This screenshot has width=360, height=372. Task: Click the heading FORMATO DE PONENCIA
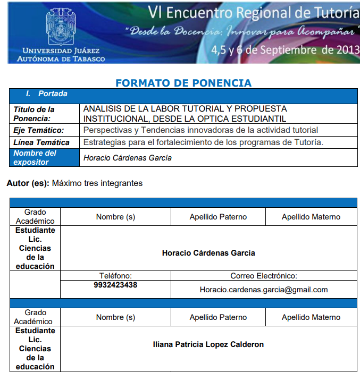pos(183,83)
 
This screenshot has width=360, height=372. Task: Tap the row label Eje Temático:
pos(38,130)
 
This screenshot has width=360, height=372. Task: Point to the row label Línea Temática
pos(41,142)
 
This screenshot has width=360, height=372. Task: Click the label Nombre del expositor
pos(35,157)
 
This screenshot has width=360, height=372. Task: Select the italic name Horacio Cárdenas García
pos(128,158)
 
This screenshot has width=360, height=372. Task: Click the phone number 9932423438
pos(115,285)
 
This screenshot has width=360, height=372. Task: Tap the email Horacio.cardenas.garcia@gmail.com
pos(264,290)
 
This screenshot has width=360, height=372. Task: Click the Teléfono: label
pos(115,276)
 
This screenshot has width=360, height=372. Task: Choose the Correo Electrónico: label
pos(264,276)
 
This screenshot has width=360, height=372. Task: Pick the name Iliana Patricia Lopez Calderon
pos(208,344)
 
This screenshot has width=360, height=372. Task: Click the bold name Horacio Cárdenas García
pos(208,253)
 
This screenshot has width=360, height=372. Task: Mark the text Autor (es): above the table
pos(28,183)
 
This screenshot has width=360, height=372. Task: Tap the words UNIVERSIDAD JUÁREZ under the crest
pos(60,50)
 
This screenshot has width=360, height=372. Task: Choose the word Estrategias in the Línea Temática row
pos(102,142)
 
